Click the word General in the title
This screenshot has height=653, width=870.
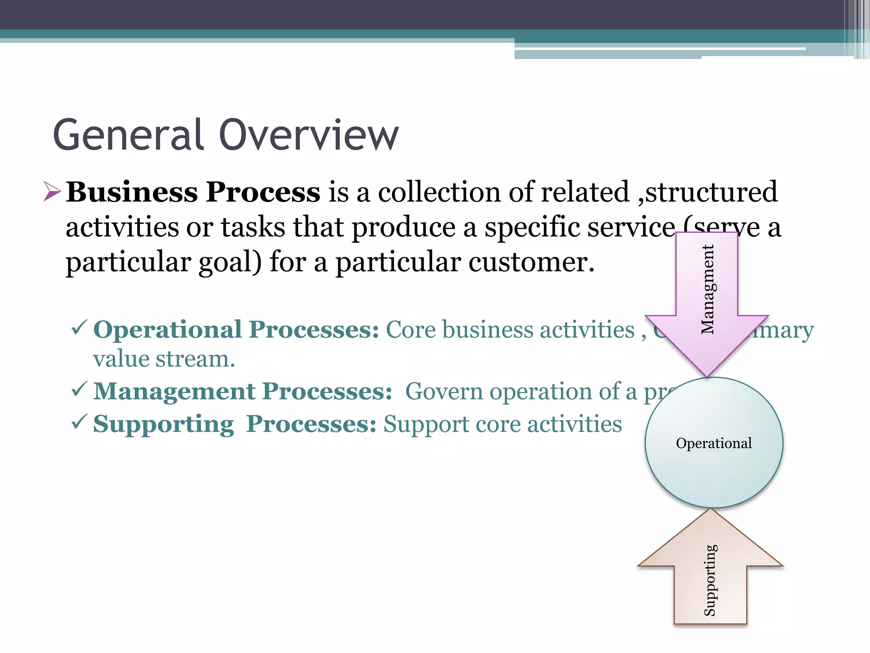pyautogui.click(x=128, y=135)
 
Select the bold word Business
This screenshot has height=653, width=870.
pyautogui.click(x=132, y=192)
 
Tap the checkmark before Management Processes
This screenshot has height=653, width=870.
pyautogui.click(x=79, y=389)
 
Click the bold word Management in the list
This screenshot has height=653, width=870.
pyautogui.click(x=175, y=392)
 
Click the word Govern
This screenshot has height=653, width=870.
pyautogui.click(x=443, y=392)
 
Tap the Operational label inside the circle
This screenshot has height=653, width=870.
pyautogui.click(x=714, y=443)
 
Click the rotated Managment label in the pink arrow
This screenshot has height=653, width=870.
pyautogui.click(x=708, y=289)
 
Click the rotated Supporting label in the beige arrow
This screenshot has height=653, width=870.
pyautogui.click(x=710, y=580)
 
